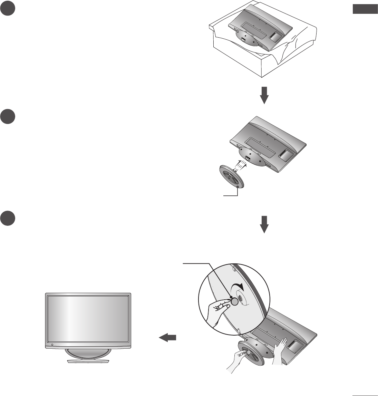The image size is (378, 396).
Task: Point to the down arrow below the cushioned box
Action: click(264, 95)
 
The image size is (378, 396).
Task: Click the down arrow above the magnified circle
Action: click(264, 224)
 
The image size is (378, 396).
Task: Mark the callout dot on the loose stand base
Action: click(238, 187)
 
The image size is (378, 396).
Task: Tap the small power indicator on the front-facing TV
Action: click(52, 345)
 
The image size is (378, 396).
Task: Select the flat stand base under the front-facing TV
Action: click(88, 361)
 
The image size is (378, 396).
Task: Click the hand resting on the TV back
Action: click(280, 352)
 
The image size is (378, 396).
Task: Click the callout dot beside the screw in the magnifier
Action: click(231, 297)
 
